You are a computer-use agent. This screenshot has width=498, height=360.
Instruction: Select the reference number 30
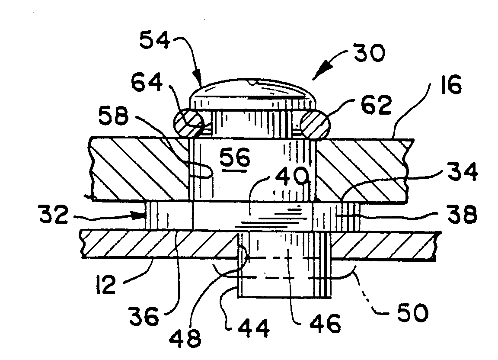coord(369,53)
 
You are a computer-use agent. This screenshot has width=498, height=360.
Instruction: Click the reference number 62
coord(377,105)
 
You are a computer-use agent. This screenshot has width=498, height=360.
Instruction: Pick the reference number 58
coord(114,116)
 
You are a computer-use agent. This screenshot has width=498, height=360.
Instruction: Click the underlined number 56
coord(235,158)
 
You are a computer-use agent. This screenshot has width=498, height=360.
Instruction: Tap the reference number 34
coord(463,172)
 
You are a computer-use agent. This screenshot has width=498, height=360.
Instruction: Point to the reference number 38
coord(463,214)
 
